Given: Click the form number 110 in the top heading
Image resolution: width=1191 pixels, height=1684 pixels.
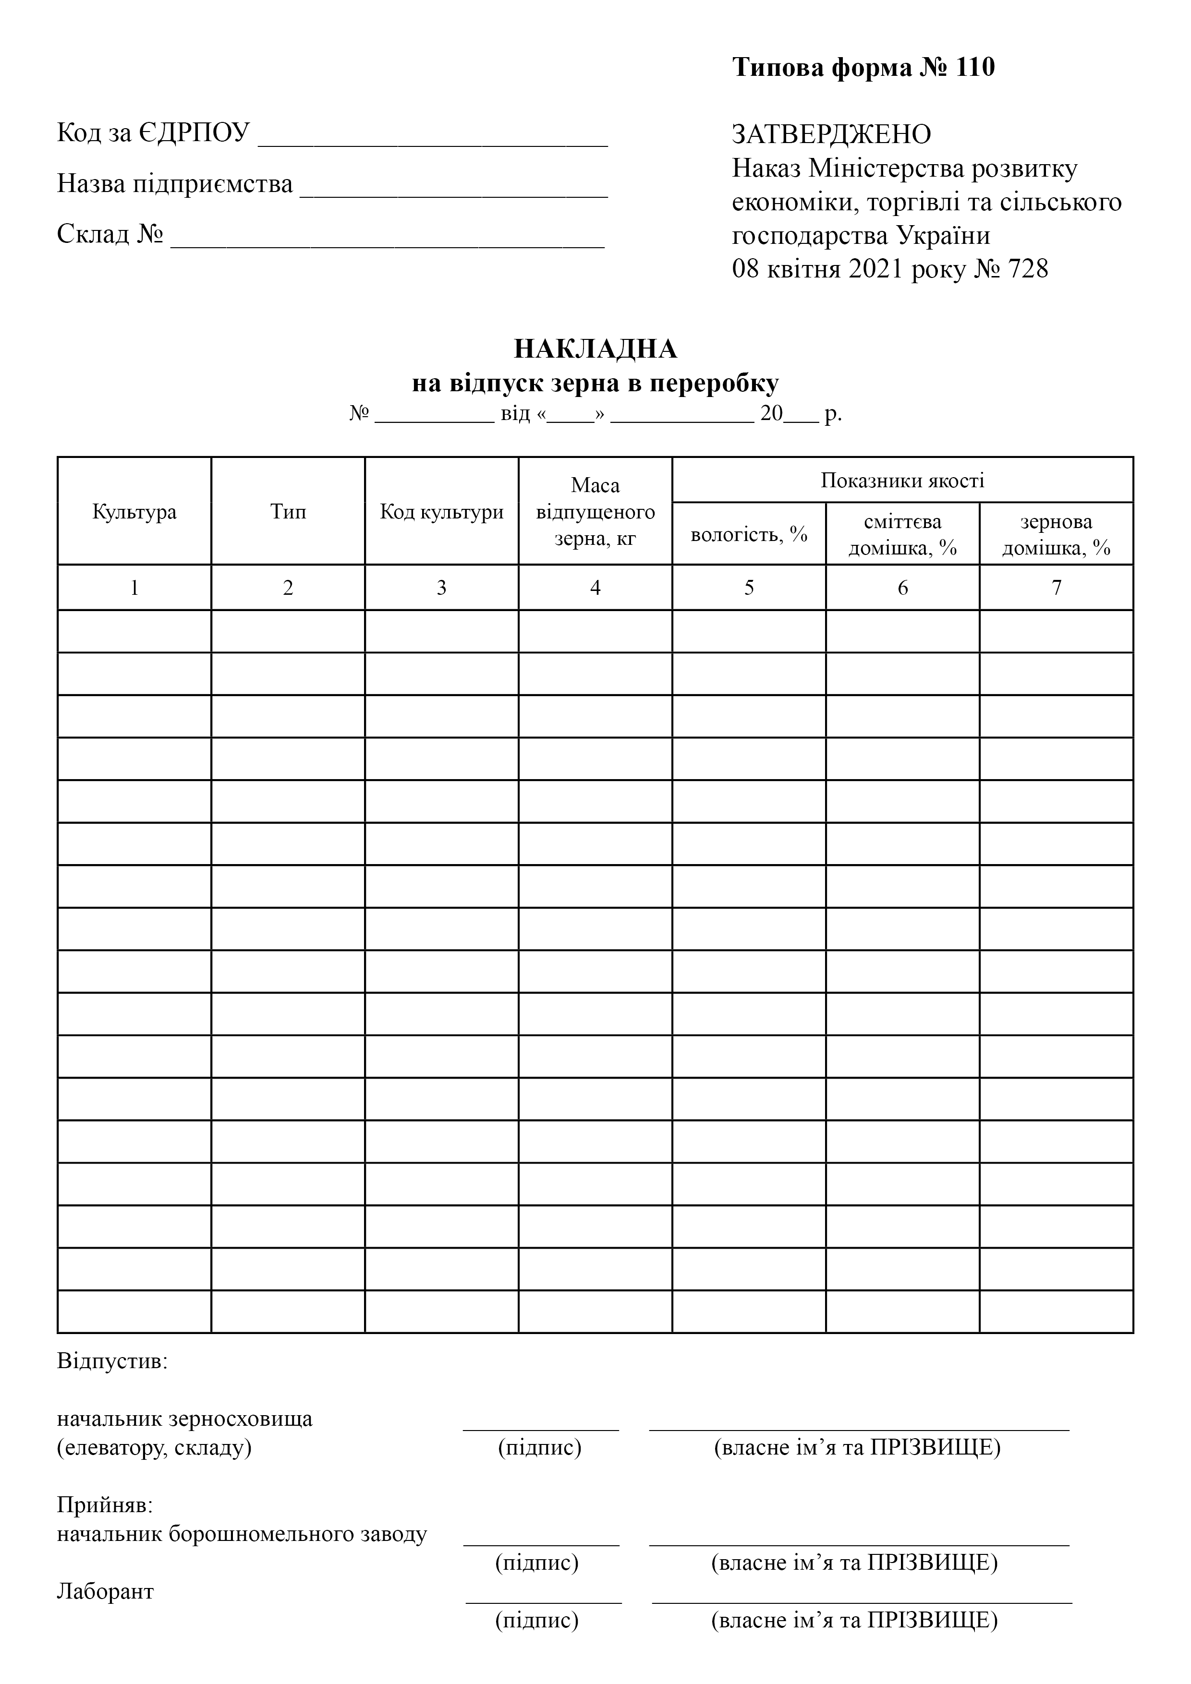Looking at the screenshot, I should pyautogui.click(x=974, y=68).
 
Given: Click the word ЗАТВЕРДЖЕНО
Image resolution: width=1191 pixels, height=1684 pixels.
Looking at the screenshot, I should pyautogui.click(x=831, y=134).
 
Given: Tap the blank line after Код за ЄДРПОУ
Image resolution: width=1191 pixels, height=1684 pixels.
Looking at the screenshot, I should pyautogui.click(x=433, y=144).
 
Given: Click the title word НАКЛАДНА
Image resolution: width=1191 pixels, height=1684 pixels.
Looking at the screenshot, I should pyautogui.click(x=595, y=349).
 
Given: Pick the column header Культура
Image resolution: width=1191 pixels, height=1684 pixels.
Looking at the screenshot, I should pyautogui.click(x=134, y=511).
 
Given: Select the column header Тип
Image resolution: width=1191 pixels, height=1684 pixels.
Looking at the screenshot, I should pyautogui.click(x=288, y=511).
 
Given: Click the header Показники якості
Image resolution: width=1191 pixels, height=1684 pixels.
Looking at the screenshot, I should pyautogui.click(x=902, y=481).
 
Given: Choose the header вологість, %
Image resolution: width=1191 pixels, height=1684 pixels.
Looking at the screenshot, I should pyautogui.click(x=749, y=534).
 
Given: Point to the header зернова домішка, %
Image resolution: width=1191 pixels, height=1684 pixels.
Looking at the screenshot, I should pyautogui.click(x=1056, y=534).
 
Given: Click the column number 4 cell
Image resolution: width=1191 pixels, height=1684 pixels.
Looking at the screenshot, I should pyautogui.click(x=595, y=588).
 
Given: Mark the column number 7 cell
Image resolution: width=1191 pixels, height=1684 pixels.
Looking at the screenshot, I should pyautogui.click(x=1056, y=588).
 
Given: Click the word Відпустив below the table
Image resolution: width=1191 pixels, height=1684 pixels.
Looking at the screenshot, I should pyautogui.click(x=112, y=1362).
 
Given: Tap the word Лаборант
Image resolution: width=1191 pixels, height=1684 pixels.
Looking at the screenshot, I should pyautogui.click(x=106, y=1591).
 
